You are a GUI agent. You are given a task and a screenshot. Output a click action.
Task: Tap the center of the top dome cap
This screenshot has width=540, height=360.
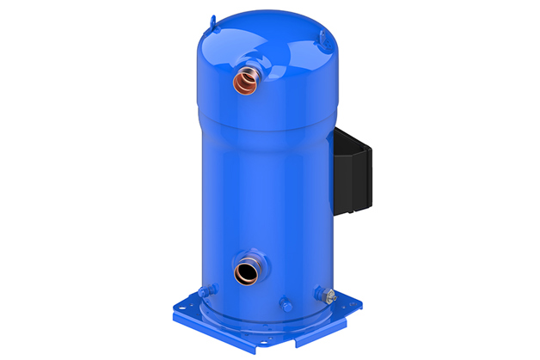tap(267, 43)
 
